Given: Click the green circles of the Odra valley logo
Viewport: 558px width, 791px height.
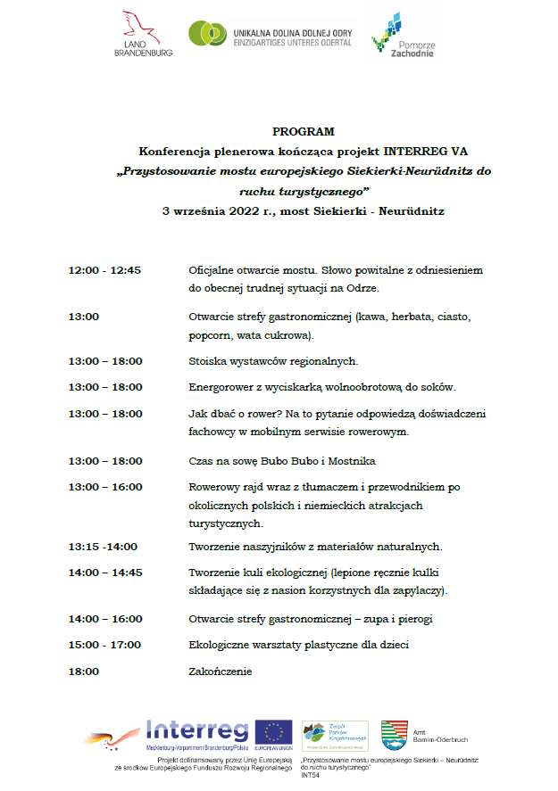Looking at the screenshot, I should coord(207,33).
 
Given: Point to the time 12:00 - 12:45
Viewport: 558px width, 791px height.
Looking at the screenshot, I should coord(104,270).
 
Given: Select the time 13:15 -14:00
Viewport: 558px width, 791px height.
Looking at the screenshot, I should coord(103,547).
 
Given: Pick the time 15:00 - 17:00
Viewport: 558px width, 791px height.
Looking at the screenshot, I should coord(104,645).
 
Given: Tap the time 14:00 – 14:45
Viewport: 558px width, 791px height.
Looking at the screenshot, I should coord(104,573).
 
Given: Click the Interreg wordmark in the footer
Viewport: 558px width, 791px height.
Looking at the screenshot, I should coord(197,730).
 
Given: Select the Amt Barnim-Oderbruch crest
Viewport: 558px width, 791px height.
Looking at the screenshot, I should coord(393,735).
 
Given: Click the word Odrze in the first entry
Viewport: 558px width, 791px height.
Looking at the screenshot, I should coord(363,289).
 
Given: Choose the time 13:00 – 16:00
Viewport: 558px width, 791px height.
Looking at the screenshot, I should coord(104,487).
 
